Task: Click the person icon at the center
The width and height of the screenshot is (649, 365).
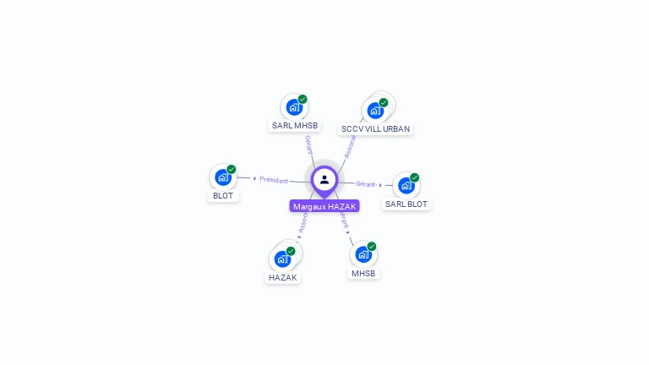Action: click(x=324, y=179)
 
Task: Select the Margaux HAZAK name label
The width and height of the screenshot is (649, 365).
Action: click(x=324, y=206)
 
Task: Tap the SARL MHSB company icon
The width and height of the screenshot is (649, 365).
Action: click(x=293, y=107)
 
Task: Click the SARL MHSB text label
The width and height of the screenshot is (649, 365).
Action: click(x=294, y=126)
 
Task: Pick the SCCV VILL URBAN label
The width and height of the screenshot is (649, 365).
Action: click(x=375, y=129)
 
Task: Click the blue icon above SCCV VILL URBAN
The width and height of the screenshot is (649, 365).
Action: click(x=374, y=111)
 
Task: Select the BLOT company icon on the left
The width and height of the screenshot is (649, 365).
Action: click(x=222, y=177)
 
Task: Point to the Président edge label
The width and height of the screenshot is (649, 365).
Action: click(x=273, y=179)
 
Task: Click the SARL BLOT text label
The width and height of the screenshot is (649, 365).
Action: click(x=406, y=204)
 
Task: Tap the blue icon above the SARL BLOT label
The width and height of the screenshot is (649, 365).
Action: click(x=406, y=185)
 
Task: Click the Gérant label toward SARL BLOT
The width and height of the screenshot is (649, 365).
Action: click(x=365, y=183)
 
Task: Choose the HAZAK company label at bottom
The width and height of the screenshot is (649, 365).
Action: click(x=282, y=277)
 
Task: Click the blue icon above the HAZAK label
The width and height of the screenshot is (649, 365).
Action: click(x=282, y=259)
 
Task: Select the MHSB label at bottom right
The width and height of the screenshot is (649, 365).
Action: click(x=363, y=273)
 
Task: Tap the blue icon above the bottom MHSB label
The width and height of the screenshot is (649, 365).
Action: click(x=363, y=254)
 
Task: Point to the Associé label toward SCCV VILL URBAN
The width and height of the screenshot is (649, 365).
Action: click(x=350, y=145)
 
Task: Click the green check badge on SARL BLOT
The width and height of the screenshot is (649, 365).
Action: click(x=414, y=177)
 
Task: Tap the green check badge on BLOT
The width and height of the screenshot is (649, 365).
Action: click(x=231, y=169)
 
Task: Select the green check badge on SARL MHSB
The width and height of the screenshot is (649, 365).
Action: click(x=302, y=99)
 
